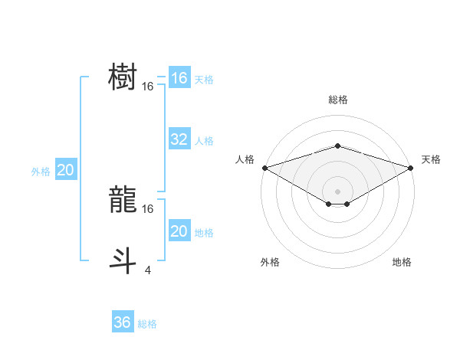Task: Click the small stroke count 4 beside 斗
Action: (147, 269)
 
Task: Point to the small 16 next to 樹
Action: (148, 87)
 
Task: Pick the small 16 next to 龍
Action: (148, 208)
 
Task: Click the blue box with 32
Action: (179, 139)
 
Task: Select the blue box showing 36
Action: (123, 322)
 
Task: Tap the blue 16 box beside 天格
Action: (179, 78)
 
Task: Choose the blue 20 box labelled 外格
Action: (66, 170)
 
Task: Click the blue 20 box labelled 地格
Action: (179, 231)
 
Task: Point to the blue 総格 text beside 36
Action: (147, 324)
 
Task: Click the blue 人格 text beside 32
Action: (204, 141)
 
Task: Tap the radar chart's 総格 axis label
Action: (337, 100)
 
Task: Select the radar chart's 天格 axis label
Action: (432, 159)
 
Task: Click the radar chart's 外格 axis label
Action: (270, 263)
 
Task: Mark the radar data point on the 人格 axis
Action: (264, 167)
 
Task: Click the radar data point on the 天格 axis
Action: (411, 167)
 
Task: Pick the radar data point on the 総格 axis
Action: (337, 146)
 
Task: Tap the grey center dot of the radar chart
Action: (337, 191)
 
